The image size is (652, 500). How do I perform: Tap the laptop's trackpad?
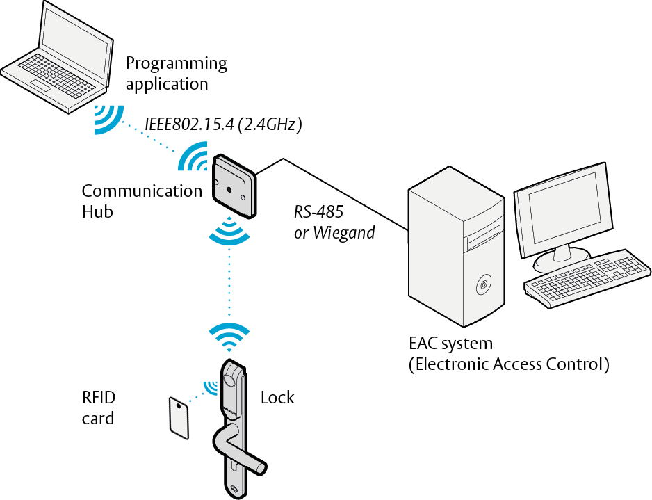pyautogui.click(x=41, y=84)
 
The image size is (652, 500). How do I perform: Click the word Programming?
pyautogui.click(x=177, y=64)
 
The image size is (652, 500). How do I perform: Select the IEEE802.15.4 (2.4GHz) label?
pyautogui.click(x=223, y=124)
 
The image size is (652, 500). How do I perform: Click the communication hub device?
pyautogui.click(x=234, y=186)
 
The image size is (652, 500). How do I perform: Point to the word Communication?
pyautogui.click(x=142, y=191)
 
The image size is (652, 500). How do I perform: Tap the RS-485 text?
pyautogui.click(x=318, y=211)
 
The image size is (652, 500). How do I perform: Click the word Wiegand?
pyautogui.click(x=344, y=233)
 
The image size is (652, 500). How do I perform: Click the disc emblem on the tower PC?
pyautogui.click(x=484, y=284)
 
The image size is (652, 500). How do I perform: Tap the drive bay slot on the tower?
pyautogui.click(x=483, y=235)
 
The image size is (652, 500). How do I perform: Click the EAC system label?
pyautogui.click(x=450, y=344)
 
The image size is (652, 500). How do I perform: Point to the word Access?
pyautogui.click(x=517, y=364)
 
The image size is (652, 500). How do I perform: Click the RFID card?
pyautogui.click(x=179, y=418)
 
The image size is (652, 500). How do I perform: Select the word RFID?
pyautogui.click(x=99, y=398)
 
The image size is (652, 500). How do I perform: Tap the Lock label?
pyautogui.click(x=277, y=398)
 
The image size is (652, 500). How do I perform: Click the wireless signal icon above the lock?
pyautogui.click(x=229, y=336)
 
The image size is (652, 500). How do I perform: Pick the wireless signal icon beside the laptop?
pyautogui.click(x=108, y=120)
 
